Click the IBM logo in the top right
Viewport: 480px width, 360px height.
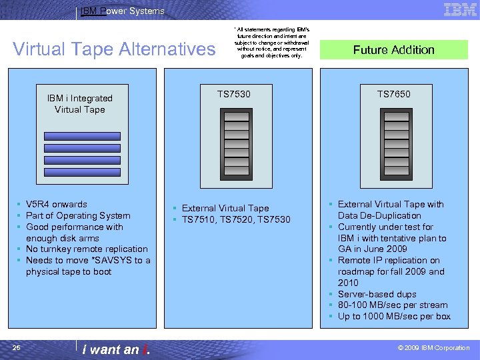[460, 10]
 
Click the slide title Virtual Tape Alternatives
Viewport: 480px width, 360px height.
[115, 49]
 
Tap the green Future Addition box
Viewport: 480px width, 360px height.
[393, 50]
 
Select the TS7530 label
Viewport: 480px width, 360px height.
[234, 94]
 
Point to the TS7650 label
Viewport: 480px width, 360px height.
[394, 94]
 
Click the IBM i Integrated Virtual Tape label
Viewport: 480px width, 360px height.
[80, 104]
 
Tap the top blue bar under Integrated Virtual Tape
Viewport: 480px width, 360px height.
[82, 136]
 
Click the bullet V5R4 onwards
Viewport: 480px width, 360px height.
[56, 204]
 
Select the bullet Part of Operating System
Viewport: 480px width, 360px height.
[78, 215]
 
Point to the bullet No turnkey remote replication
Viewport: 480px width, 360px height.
[87, 249]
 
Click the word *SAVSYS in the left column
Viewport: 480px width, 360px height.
[108, 260]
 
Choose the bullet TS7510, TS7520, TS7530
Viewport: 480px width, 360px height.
[236, 219]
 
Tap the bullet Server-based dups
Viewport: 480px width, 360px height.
[377, 294]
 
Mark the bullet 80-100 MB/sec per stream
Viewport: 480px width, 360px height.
[393, 305]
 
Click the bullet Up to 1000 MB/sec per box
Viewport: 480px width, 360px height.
[394, 316]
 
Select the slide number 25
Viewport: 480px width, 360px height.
[16, 347]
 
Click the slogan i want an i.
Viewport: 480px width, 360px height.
[115, 349]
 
